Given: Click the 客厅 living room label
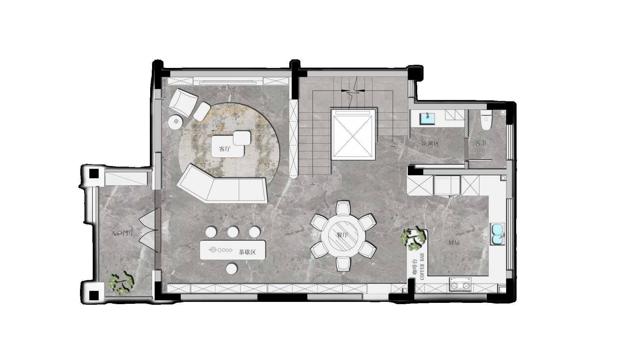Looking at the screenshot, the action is click(224, 149).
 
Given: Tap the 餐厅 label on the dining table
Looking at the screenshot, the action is click(343, 235).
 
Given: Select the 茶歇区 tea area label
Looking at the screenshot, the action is click(247, 252).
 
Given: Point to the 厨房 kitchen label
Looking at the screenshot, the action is click(454, 243).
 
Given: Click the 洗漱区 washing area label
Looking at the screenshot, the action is click(430, 143).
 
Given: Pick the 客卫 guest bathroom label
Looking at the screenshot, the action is click(481, 143).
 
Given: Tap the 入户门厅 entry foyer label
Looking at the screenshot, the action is click(123, 233).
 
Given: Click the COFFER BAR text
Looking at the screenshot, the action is click(422, 266).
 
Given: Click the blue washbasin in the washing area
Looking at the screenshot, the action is click(428, 119).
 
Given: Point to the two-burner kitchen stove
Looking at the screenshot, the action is click(460, 285).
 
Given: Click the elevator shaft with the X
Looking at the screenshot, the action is click(353, 134).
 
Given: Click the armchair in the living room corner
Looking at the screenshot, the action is click(183, 102).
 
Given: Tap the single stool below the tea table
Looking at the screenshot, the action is click(232, 269).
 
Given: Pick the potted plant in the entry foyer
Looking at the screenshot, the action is click(121, 283).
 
